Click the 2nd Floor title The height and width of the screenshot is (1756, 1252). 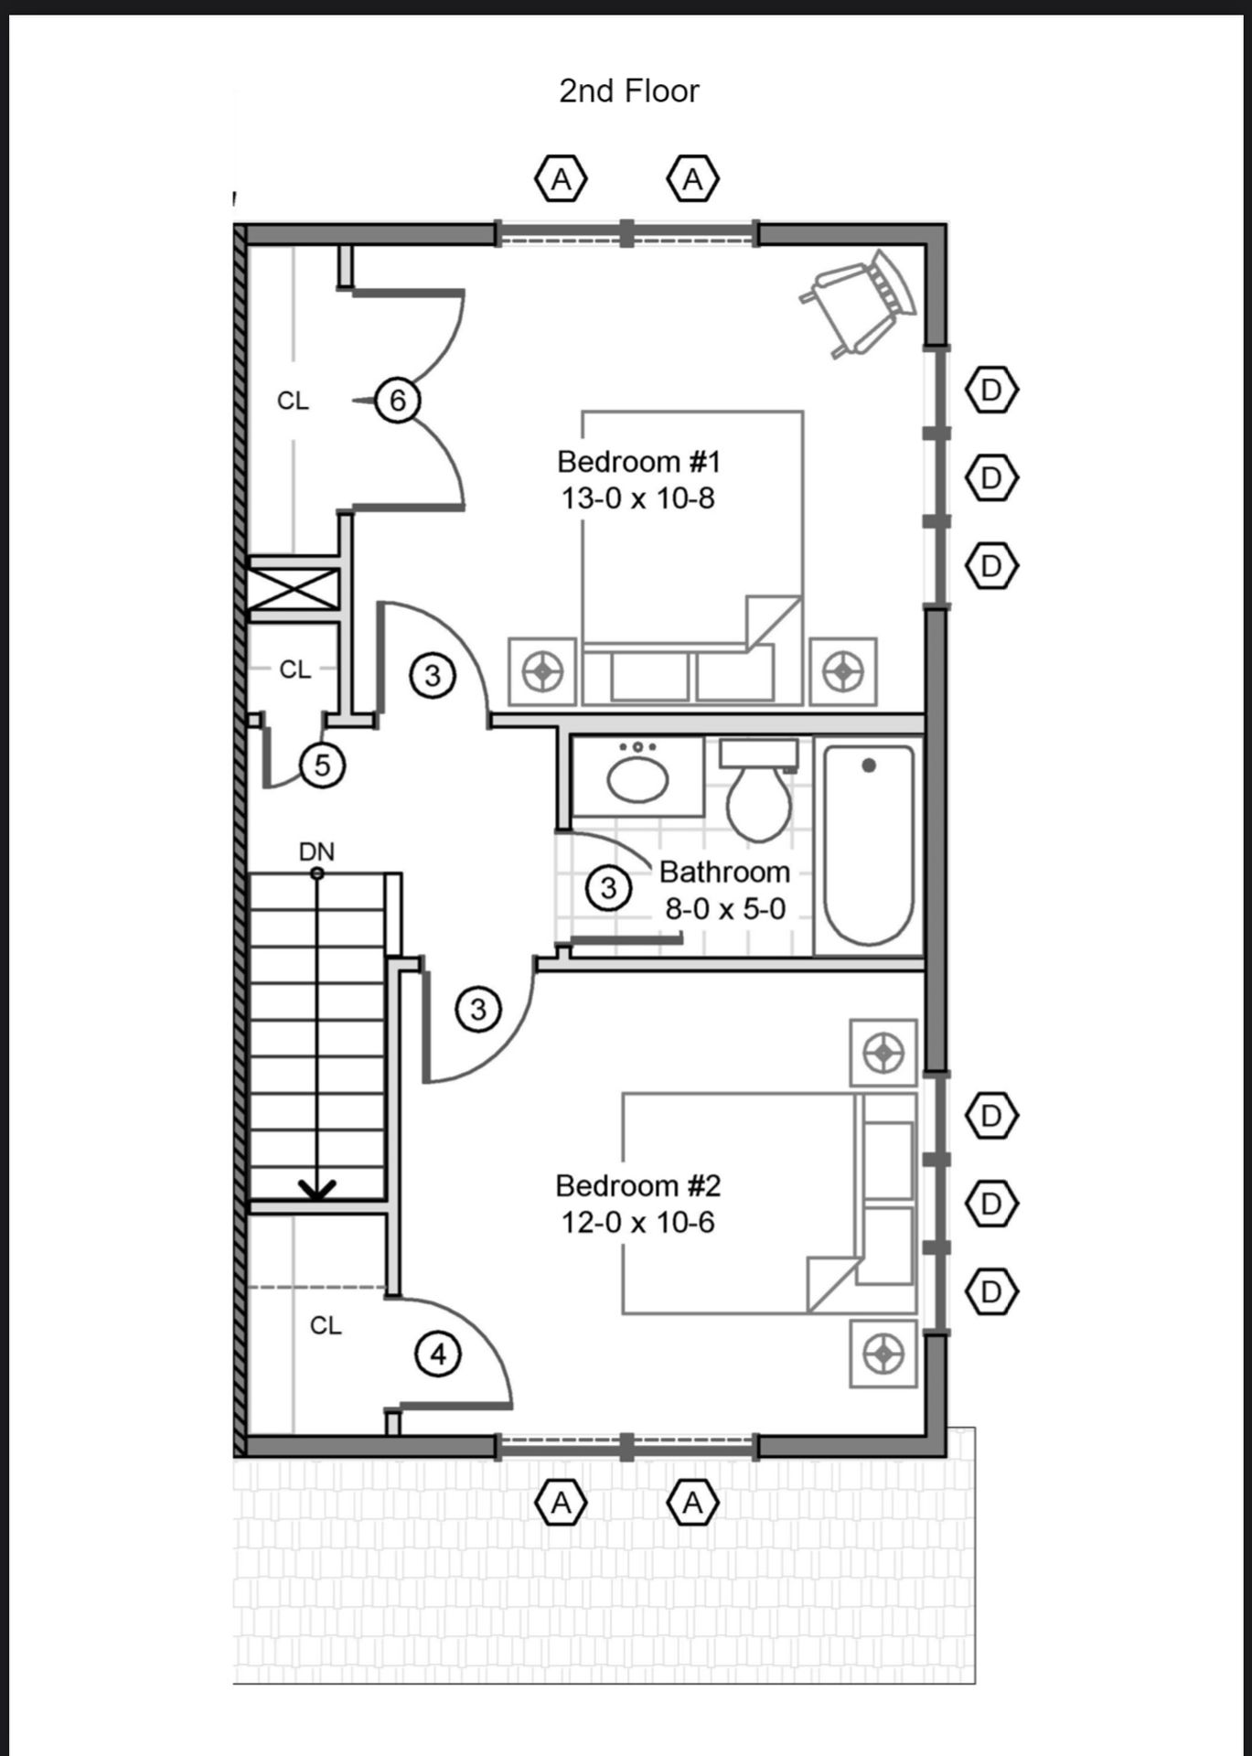click(629, 91)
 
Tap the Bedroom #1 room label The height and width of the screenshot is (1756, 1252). click(639, 462)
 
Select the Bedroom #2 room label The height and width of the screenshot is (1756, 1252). click(638, 1186)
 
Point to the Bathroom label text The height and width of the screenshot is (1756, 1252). click(724, 873)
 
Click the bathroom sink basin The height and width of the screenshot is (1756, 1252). click(637, 779)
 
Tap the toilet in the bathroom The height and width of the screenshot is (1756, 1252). click(759, 790)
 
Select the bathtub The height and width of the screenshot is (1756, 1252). click(869, 846)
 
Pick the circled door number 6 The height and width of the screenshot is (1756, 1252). click(398, 401)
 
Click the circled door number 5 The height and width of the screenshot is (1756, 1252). click(322, 765)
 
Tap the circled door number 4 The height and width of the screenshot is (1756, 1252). click(438, 1354)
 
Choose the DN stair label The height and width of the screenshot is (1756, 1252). click(316, 851)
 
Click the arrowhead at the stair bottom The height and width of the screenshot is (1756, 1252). click(317, 1189)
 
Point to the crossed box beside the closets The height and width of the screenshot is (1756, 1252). click(294, 589)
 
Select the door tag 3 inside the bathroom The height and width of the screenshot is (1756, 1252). click(608, 888)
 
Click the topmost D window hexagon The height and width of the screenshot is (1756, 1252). click(991, 391)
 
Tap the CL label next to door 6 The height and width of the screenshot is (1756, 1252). click(293, 401)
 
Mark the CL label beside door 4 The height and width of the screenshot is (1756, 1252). click(326, 1325)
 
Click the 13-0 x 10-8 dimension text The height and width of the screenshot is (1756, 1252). click(637, 498)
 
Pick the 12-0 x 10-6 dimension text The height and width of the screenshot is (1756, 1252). click(637, 1223)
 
